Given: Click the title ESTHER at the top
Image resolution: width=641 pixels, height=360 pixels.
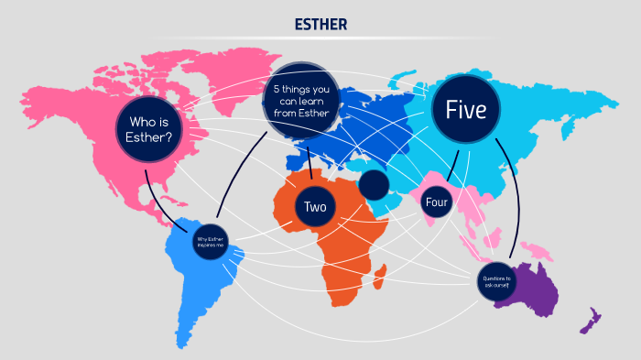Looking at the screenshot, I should (x=320, y=24).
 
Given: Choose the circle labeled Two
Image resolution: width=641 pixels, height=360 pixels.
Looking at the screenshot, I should (x=314, y=208).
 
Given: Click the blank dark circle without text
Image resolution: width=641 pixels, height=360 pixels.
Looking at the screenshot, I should (x=374, y=184).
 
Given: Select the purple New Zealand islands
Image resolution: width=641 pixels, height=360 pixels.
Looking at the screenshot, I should (x=589, y=321).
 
